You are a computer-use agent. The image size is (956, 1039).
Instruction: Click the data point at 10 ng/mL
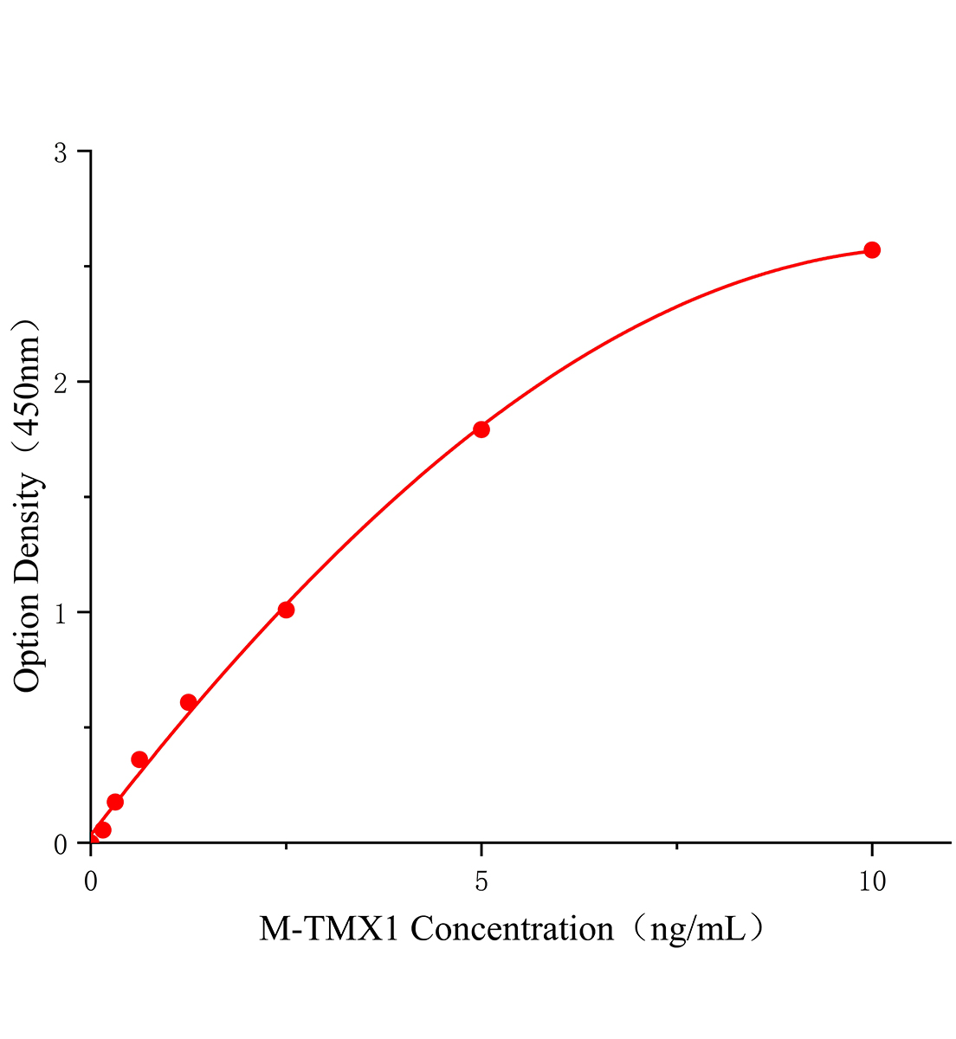(872, 250)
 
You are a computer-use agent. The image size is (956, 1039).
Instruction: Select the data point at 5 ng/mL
(481, 429)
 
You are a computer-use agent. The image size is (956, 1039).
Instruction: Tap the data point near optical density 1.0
(286, 610)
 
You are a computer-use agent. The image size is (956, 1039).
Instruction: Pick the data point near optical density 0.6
(188, 702)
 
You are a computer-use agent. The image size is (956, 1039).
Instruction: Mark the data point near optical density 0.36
(139, 759)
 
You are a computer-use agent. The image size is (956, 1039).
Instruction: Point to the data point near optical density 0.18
(115, 802)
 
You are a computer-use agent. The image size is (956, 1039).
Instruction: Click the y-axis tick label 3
(61, 152)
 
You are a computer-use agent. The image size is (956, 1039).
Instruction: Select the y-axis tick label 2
(61, 382)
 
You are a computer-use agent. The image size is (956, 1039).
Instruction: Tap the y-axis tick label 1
(61, 612)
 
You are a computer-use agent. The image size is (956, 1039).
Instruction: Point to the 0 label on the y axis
(61, 842)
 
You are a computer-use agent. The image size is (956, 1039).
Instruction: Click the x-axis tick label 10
(872, 881)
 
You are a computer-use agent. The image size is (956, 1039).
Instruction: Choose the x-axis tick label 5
(481, 881)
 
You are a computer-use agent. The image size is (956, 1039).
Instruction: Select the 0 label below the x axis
(91, 881)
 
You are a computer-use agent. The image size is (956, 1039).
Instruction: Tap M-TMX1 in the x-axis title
(331, 930)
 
